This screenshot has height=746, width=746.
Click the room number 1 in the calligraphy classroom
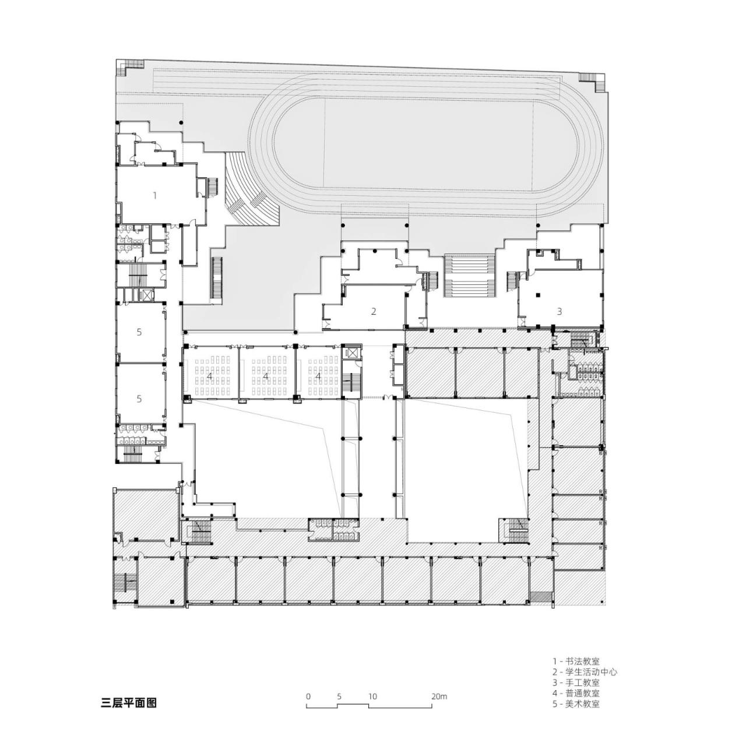click(154, 196)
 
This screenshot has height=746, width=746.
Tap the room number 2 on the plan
click(374, 311)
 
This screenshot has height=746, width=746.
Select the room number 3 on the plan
click(559, 311)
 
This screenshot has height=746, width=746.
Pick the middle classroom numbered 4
click(266, 376)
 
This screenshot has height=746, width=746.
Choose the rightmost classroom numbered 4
click(318, 376)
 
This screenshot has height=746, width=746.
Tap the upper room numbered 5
click(139, 332)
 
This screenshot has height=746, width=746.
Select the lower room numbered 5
click(139, 399)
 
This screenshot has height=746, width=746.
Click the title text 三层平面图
click(129, 703)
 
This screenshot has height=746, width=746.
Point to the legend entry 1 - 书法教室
click(576, 661)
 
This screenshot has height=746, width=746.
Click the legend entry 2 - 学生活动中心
click(585, 672)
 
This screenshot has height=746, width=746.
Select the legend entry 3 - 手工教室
click(576, 682)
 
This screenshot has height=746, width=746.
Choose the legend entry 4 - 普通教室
click(576, 693)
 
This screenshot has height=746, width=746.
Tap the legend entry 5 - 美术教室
click(576, 703)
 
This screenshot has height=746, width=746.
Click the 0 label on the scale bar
click(308, 696)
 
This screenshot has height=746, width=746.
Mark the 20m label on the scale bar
click(439, 696)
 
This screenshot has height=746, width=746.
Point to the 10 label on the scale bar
click(372, 696)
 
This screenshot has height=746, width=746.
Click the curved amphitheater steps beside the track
click(248, 192)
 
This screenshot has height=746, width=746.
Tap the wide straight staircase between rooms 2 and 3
click(470, 276)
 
